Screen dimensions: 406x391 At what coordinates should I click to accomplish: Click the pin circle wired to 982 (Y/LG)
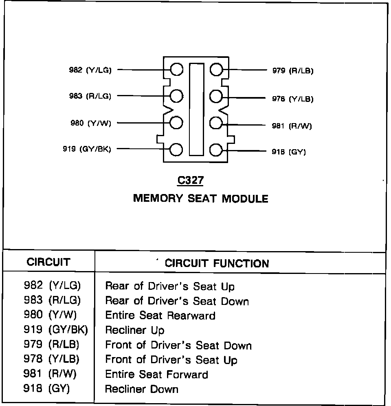tap(176, 70)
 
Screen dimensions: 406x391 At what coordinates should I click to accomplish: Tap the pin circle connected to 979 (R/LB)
tap(216, 70)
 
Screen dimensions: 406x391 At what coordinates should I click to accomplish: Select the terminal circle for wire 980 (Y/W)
tap(176, 123)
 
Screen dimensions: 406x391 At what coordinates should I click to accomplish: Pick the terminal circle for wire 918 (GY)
tap(216, 150)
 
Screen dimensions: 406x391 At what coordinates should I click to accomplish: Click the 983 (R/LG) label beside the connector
tap(90, 96)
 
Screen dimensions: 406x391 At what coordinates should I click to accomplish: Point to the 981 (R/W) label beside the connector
tap(292, 126)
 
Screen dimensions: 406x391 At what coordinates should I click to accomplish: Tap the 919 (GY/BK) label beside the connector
tap(86, 149)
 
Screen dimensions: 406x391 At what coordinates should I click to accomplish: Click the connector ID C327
tap(190, 180)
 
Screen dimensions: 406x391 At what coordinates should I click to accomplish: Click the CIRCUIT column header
tap(48, 262)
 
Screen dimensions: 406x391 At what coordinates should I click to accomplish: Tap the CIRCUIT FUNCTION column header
tap(217, 263)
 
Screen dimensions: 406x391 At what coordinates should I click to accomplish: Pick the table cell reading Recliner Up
tap(135, 330)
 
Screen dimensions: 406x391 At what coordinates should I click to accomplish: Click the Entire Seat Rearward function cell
tap(160, 316)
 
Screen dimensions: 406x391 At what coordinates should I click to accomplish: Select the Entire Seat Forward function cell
tap(157, 374)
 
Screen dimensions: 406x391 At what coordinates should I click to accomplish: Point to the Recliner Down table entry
tap(142, 389)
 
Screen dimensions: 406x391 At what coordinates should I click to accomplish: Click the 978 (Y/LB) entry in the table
tap(52, 360)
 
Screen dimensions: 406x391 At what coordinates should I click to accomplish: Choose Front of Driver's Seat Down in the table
tap(178, 345)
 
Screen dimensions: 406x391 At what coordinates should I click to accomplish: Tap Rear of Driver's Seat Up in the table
tap(170, 286)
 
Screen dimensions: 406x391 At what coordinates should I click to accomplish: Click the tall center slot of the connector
tap(196, 109)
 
